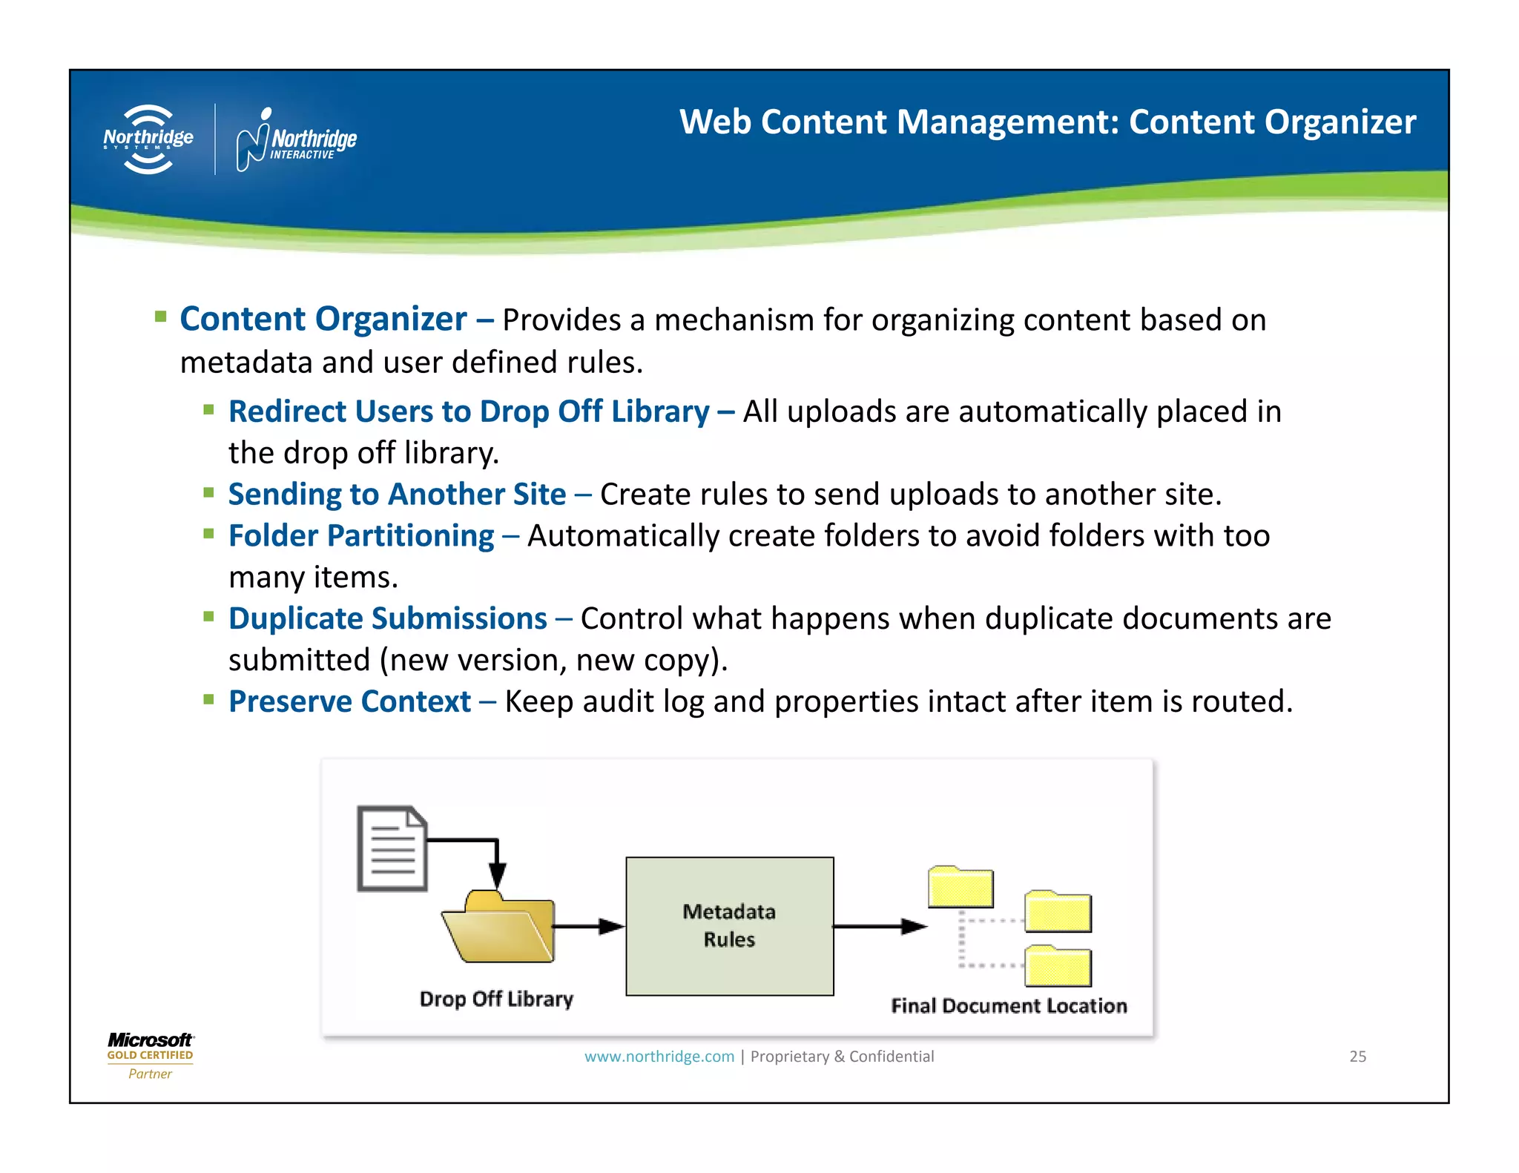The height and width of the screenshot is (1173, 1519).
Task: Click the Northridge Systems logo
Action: pyautogui.click(x=148, y=139)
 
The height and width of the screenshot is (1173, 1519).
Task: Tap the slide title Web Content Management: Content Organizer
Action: pyautogui.click(x=1047, y=122)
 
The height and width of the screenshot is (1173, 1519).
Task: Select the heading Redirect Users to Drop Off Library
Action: pyautogui.click(x=469, y=412)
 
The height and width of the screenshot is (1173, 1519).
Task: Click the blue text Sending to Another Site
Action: pyautogui.click(x=397, y=495)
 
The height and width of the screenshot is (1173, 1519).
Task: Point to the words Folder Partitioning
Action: pyautogui.click(x=361, y=536)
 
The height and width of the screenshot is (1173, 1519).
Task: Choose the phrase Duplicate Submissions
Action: pyautogui.click(x=387, y=619)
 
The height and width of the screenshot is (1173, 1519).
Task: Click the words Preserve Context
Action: pyautogui.click(x=349, y=701)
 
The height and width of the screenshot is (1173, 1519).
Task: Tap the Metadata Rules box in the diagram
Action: pyautogui.click(x=729, y=926)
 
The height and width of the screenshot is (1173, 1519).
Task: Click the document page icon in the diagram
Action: pyautogui.click(x=392, y=848)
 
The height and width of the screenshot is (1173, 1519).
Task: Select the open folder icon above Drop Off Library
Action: pyautogui.click(x=498, y=929)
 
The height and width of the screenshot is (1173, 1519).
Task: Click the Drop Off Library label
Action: pyautogui.click(x=496, y=999)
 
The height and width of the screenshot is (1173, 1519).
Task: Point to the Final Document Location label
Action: pyautogui.click(x=1009, y=1005)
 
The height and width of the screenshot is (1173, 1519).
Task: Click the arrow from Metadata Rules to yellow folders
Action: pyautogui.click(x=880, y=926)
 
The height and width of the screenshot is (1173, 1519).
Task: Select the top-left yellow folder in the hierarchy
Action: pyautogui.click(x=961, y=888)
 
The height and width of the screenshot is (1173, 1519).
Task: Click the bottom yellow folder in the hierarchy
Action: pyautogui.click(x=1058, y=967)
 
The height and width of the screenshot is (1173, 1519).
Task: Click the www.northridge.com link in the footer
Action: pyautogui.click(x=659, y=1057)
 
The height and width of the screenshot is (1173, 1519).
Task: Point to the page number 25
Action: pyautogui.click(x=1357, y=1057)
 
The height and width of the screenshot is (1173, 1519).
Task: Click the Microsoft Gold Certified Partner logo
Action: pyautogui.click(x=150, y=1056)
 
